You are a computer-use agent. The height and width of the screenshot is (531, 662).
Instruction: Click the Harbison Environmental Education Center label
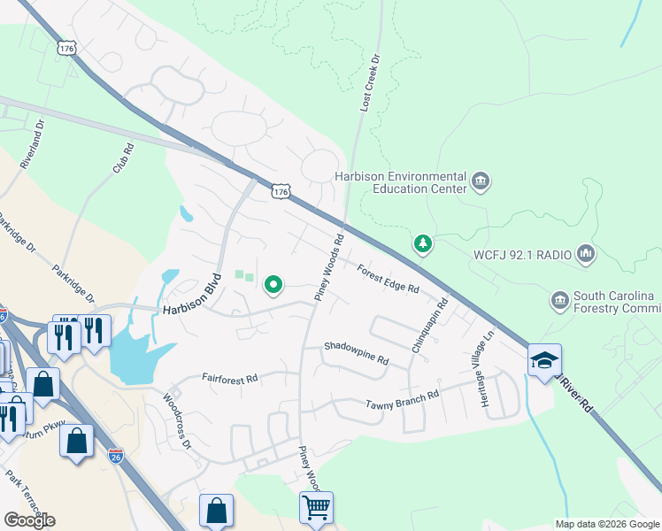(x=400, y=182)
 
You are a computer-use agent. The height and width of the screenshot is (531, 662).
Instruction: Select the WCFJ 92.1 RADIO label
(x=522, y=255)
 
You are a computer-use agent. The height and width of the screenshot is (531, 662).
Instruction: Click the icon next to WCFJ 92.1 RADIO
(x=585, y=255)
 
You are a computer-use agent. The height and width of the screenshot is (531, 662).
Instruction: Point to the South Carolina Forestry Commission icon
(x=559, y=301)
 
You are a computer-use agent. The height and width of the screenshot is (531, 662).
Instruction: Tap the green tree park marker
(x=423, y=243)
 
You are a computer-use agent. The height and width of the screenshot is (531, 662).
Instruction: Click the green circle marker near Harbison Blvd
(x=273, y=285)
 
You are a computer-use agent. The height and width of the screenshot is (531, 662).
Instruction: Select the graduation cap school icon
(x=544, y=360)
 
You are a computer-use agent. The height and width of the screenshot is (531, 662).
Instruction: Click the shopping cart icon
(x=316, y=508)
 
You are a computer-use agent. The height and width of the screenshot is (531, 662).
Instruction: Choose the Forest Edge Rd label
(x=388, y=280)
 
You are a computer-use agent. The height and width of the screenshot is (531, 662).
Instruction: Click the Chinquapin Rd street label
(x=429, y=326)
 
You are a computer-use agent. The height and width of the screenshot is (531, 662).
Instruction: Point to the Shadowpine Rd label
(x=356, y=353)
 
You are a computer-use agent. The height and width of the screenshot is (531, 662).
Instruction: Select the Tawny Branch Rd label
(x=403, y=400)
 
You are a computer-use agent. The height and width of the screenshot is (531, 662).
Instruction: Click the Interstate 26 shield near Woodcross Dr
(x=116, y=456)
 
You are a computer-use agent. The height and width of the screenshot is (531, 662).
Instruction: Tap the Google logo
(x=29, y=519)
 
